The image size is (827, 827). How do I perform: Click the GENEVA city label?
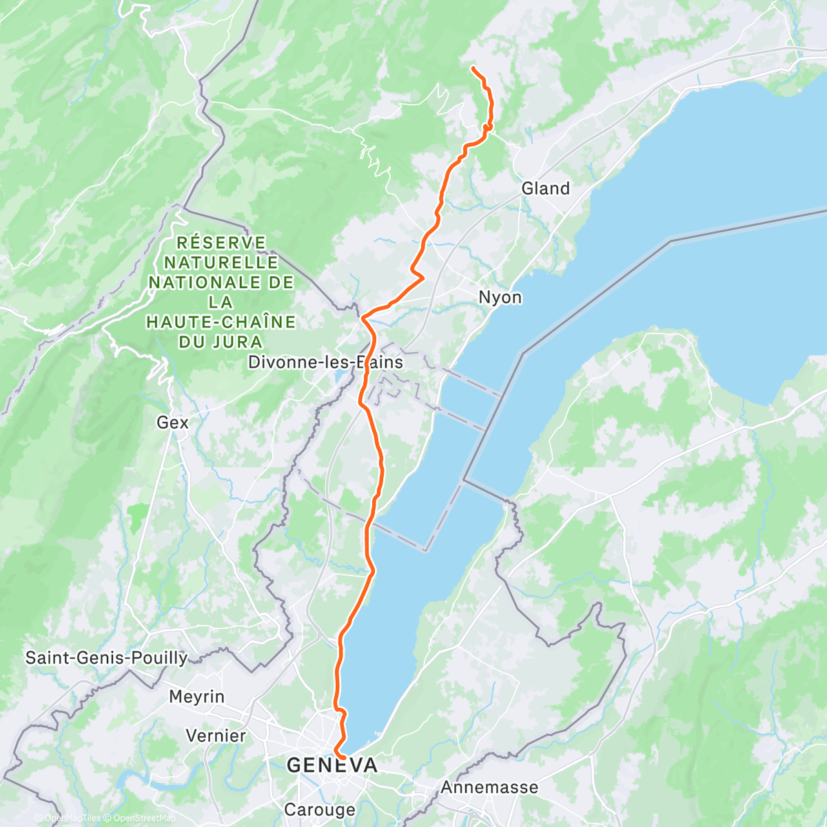point(332,766)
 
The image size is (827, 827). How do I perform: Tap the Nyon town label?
point(500,298)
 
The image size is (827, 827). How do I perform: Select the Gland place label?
point(545,189)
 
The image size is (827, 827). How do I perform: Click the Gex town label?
point(172,422)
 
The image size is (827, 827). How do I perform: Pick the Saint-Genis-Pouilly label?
point(106,658)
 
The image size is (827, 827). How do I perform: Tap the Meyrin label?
point(196,697)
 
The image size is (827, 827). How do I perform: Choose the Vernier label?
point(216,736)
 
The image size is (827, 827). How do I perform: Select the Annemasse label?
point(489,787)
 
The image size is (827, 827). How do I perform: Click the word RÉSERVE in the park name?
point(221,243)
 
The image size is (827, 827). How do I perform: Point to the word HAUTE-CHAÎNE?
point(221,322)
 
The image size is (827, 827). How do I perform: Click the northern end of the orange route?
point(473,67)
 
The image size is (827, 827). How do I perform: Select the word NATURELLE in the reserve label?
point(221,263)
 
